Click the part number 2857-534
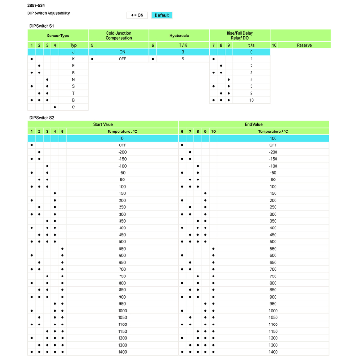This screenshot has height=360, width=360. (x=36, y=5)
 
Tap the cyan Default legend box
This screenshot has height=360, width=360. (x=162, y=15)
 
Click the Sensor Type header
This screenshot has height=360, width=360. (x=58, y=36)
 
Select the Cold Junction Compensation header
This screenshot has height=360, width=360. (x=119, y=36)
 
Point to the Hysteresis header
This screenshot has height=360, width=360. (x=179, y=36)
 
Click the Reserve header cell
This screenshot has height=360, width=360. (x=304, y=45)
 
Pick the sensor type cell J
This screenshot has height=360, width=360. (x=73, y=52)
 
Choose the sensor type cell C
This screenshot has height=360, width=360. (x=73, y=107)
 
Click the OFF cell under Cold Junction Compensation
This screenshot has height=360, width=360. (x=122, y=59)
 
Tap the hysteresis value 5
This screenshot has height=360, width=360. (x=183, y=59)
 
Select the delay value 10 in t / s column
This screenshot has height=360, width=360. (x=251, y=100)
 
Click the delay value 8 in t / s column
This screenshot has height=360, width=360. (x=251, y=94)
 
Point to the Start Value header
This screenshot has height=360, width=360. (x=103, y=124)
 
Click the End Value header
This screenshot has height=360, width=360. (x=254, y=124)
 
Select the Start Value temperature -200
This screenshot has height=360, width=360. (x=122, y=152)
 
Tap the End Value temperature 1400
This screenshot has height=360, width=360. (x=273, y=352)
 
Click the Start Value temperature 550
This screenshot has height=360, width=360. (x=122, y=249)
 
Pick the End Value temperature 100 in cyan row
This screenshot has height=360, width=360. (x=273, y=138)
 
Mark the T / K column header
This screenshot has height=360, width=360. (x=183, y=45)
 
